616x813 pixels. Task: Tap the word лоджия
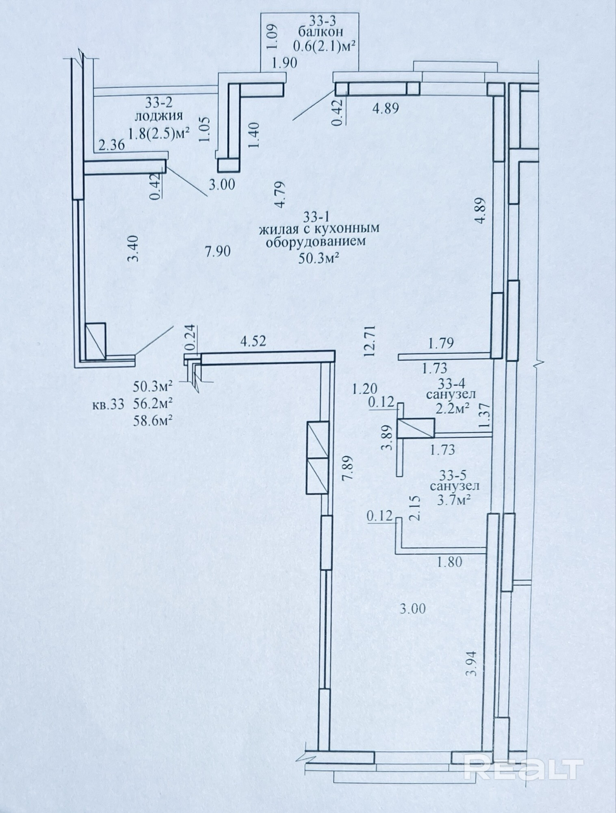158,116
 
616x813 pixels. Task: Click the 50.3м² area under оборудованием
319,258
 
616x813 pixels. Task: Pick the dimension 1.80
449,562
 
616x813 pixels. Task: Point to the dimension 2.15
414,517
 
